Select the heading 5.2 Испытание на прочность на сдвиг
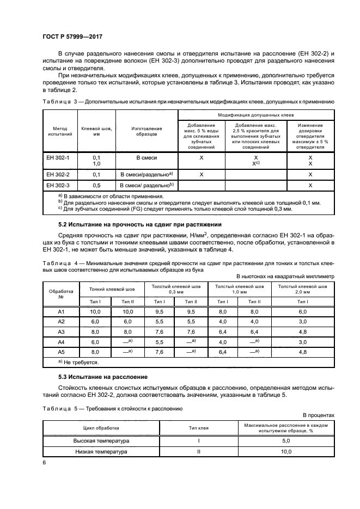point(140,224)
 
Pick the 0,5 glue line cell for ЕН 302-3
point(97,186)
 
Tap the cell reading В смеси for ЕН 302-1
point(146,157)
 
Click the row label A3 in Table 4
point(62,332)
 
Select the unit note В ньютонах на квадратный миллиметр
point(285,277)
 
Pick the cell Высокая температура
point(101,441)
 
